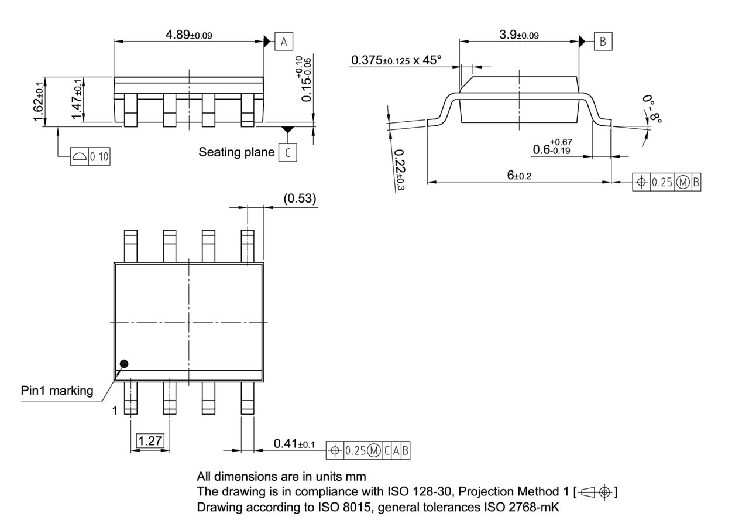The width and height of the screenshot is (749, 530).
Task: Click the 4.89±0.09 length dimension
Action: tap(188, 35)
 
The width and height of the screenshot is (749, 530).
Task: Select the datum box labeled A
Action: tap(284, 42)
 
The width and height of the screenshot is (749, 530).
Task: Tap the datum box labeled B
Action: tap(603, 42)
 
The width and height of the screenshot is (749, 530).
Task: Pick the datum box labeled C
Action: tap(287, 152)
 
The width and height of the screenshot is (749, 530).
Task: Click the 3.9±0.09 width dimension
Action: tap(518, 35)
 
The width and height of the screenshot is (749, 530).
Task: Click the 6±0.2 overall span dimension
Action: tap(519, 175)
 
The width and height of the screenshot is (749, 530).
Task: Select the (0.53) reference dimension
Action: tap(300, 199)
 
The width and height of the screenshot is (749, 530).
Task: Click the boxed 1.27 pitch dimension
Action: tap(150, 441)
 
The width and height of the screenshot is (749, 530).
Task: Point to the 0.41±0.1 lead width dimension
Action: tap(294, 444)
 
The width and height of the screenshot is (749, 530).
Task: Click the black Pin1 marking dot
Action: tap(123, 364)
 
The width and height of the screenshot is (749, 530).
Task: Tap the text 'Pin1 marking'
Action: tap(57, 391)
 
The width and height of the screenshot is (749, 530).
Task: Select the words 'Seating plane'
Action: tap(236, 152)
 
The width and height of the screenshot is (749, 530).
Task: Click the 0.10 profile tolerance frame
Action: tap(90, 156)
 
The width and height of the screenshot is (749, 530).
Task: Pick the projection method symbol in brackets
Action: tap(596, 492)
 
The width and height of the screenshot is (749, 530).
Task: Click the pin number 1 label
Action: tap(115, 411)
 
